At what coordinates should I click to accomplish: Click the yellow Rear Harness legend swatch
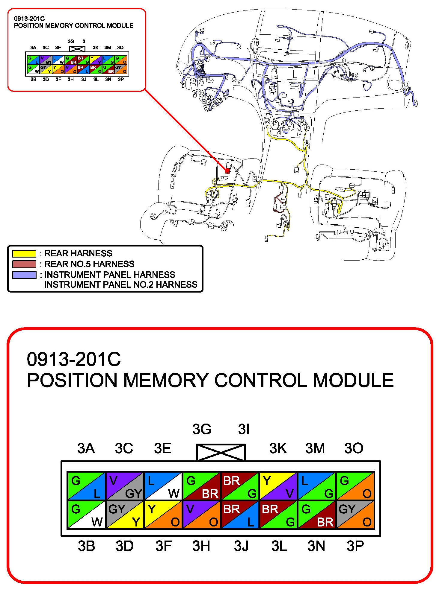(x=24, y=254)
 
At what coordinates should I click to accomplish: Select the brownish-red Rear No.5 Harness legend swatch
(x=24, y=264)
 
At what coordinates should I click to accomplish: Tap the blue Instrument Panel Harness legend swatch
(x=24, y=275)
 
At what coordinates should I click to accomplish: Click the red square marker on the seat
(x=227, y=171)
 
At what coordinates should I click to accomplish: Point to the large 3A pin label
(x=86, y=448)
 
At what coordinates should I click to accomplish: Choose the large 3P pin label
(x=355, y=546)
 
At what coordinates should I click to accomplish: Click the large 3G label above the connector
(x=202, y=429)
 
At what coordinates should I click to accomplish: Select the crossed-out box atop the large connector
(x=221, y=452)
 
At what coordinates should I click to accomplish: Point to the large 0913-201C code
(x=74, y=359)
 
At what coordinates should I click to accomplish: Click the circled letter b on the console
(x=307, y=143)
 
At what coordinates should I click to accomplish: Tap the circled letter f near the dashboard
(x=183, y=85)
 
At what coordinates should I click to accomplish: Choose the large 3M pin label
(x=315, y=448)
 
